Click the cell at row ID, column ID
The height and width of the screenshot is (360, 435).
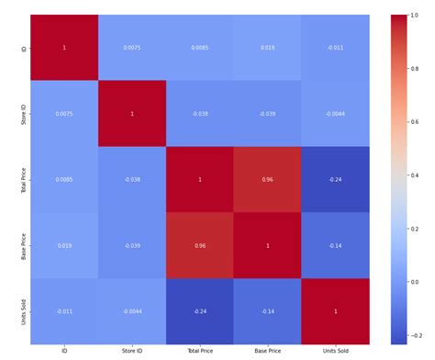[x=64, y=47]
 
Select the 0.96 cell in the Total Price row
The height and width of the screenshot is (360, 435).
[x=267, y=179]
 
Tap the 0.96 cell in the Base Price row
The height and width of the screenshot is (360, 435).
[x=199, y=245]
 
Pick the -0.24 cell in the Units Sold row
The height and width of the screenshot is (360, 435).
[x=199, y=311]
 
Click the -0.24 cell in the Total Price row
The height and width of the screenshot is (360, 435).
[x=335, y=179]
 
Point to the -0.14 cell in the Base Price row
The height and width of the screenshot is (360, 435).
[x=335, y=245]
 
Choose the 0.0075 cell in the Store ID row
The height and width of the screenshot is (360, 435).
[x=64, y=113]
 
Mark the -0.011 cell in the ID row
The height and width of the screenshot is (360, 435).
[x=335, y=47]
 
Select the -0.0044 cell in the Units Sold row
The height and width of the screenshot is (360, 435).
[x=132, y=311]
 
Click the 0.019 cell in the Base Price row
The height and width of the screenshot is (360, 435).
[x=64, y=245]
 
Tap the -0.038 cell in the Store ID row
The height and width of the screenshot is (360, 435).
[x=199, y=113]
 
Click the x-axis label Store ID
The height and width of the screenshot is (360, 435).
[x=132, y=352]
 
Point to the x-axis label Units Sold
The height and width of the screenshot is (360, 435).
[x=335, y=352]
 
